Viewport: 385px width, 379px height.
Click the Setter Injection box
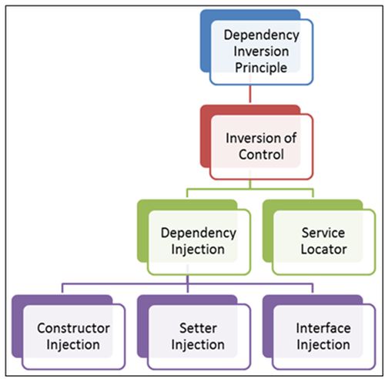197,335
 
